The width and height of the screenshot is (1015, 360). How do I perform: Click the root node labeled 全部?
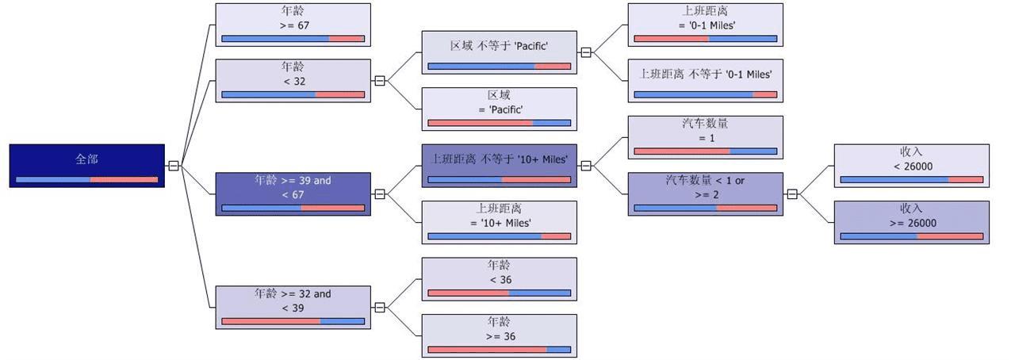[x=87, y=166]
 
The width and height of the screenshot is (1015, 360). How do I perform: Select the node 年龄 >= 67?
[x=293, y=25]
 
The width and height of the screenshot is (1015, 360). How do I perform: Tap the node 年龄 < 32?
[x=293, y=81]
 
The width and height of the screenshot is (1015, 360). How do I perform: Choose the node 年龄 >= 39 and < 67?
[x=293, y=194]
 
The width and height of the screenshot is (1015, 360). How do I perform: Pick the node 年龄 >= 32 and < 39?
[x=293, y=308]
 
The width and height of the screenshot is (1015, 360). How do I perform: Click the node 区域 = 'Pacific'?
[x=499, y=109]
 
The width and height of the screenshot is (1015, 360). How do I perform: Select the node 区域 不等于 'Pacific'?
[x=499, y=52]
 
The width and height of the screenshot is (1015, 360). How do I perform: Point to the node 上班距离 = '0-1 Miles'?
[x=705, y=25]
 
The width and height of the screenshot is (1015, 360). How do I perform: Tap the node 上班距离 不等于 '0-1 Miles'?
[x=705, y=81]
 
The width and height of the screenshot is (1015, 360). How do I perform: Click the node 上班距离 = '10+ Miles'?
[x=499, y=222]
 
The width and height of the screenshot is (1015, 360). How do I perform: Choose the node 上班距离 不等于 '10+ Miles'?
[x=499, y=166]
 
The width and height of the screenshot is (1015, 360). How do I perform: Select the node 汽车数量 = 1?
[x=705, y=137]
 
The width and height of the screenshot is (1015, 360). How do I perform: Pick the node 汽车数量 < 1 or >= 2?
[x=705, y=194]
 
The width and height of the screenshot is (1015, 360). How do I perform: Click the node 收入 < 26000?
[x=911, y=166]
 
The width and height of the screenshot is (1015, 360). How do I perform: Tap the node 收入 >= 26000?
[x=911, y=222]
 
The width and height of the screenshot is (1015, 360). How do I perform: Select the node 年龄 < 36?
[x=499, y=279]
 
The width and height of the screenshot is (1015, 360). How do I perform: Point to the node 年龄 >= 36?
[x=499, y=335]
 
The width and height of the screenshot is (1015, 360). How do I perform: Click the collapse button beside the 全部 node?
[x=174, y=166]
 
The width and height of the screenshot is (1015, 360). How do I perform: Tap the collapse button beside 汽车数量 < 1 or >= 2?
[x=791, y=194]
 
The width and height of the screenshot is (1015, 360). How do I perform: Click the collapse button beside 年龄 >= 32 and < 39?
[x=380, y=308]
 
